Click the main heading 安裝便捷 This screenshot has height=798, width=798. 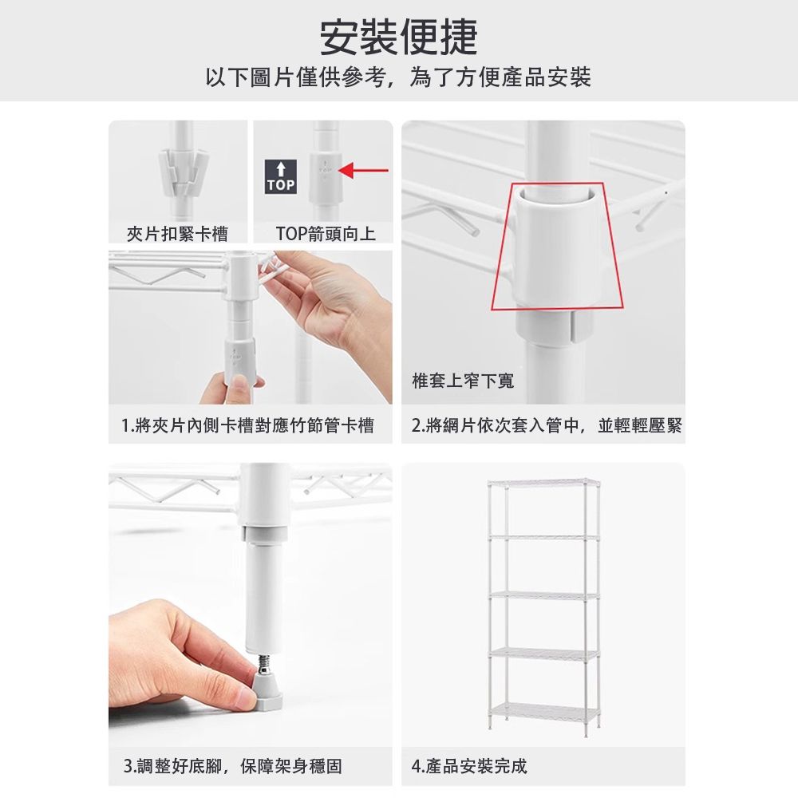(x=398, y=38)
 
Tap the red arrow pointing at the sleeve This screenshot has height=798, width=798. (x=363, y=171)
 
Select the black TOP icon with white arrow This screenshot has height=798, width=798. (x=280, y=176)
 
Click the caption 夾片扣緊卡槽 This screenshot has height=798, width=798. (x=177, y=234)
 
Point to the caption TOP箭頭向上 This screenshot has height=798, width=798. (x=326, y=234)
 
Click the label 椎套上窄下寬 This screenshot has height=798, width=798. (x=463, y=381)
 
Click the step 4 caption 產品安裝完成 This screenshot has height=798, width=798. (x=476, y=765)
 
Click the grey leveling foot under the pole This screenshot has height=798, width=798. (x=268, y=692)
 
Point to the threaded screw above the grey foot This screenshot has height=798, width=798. (x=263, y=663)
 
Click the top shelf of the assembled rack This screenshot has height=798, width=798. (x=544, y=481)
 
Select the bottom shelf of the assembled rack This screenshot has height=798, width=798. (x=544, y=713)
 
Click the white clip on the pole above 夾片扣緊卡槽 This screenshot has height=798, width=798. (x=184, y=173)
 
